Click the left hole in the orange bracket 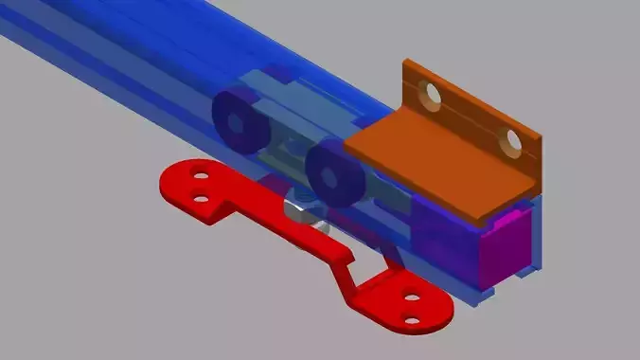click(x=432, y=94)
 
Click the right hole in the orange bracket click(x=512, y=141)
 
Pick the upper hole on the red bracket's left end click(x=200, y=176)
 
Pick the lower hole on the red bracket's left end click(x=200, y=199)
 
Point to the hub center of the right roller click(x=330, y=173)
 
